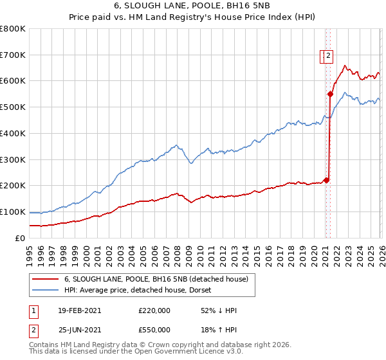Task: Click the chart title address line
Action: [192, 7]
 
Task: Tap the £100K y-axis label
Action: [13, 212]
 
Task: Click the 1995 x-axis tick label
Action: [30, 251]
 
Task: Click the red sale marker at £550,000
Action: [330, 94]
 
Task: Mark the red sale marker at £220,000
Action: [326, 180]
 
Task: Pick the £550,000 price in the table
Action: [154, 329]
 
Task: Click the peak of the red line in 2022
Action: [345, 65]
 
